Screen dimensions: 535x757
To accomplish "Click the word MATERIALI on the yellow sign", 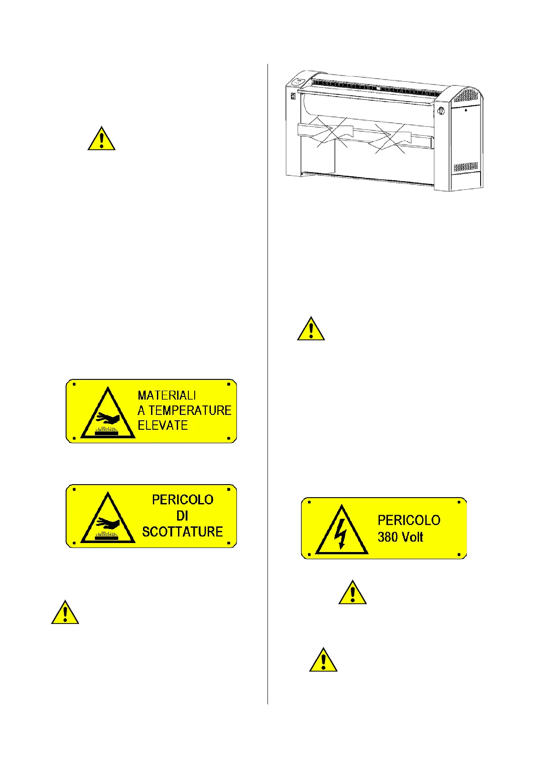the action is click(x=167, y=396).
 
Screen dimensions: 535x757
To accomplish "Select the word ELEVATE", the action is click(x=163, y=425).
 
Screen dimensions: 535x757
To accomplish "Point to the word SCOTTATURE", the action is click(x=183, y=532).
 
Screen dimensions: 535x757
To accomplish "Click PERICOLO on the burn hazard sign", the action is click(x=183, y=500).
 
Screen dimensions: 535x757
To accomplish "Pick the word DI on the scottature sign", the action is click(x=182, y=516).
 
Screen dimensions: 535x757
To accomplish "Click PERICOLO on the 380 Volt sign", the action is click(x=409, y=521).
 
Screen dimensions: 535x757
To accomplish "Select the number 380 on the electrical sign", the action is click(x=388, y=537).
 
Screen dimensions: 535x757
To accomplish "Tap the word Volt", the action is click(x=412, y=537).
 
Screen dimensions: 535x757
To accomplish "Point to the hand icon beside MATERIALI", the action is click(x=108, y=419).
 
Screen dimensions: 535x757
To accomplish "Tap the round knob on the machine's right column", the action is click(x=440, y=111).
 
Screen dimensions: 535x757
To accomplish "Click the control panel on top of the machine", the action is click(x=298, y=82).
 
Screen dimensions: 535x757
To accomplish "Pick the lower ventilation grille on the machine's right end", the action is click(x=466, y=167).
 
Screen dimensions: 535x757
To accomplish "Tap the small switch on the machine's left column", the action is click(x=293, y=96).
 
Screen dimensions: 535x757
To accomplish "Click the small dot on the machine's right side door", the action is click(x=466, y=110).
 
